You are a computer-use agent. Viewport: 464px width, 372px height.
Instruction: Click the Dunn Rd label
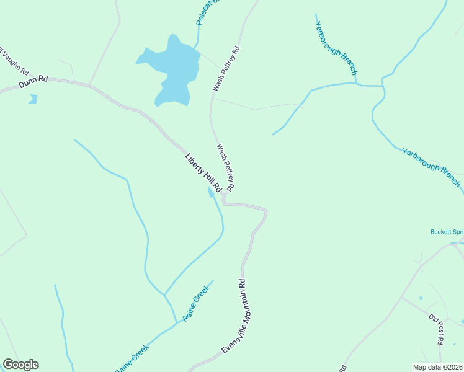[x=33, y=81]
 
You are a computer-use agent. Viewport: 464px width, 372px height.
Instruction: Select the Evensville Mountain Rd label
[x=234, y=316]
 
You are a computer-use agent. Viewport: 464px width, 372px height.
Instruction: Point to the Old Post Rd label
[x=436, y=329]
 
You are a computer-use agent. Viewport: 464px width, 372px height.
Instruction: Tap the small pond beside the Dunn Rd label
[x=33, y=99]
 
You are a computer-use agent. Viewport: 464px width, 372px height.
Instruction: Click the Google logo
[x=20, y=365]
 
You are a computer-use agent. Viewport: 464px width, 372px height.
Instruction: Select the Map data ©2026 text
[x=437, y=367]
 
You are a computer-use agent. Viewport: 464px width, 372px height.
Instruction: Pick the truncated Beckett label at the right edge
[x=447, y=232]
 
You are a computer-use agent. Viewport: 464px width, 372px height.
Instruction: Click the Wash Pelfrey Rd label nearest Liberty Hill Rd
[x=225, y=167]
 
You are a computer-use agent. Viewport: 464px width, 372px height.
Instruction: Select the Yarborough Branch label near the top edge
[x=336, y=48]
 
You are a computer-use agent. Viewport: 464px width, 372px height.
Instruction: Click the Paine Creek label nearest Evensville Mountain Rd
[x=197, y=307]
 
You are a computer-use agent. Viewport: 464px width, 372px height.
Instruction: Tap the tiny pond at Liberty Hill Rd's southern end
[x=211, y=193]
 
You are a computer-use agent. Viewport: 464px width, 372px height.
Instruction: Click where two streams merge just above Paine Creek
[x=165, y=294]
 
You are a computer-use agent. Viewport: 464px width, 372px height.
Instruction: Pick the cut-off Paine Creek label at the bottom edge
[x=132, y=360]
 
